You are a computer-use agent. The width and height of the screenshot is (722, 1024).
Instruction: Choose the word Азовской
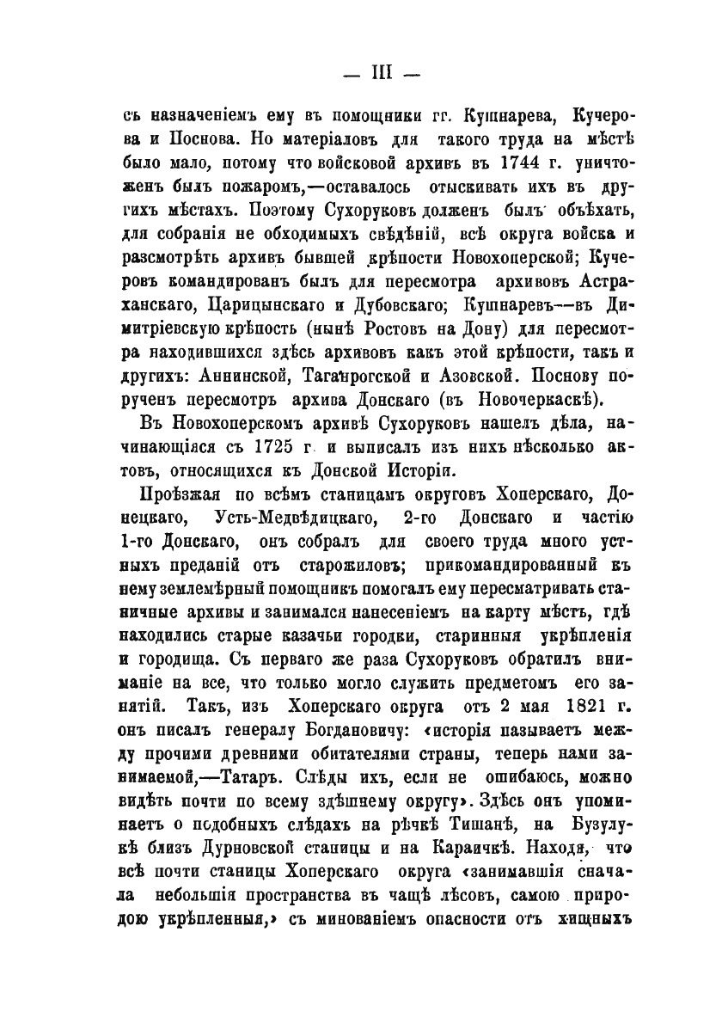(x=474, y=375)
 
